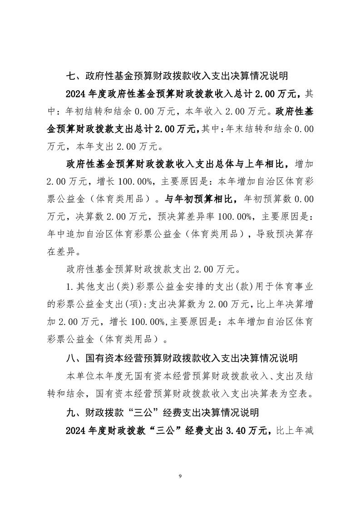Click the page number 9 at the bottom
click(180, 476)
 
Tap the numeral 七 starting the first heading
click(71, 76)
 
